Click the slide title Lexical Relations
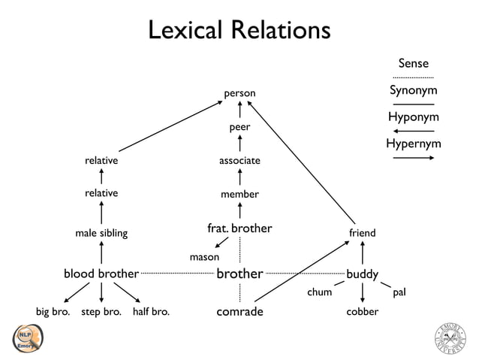point(239,31)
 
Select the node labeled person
point(239,93)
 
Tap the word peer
point(239,127)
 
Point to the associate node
point(239,161)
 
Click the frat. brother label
point(239,228)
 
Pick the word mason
point(204,257)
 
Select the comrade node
point(239,311)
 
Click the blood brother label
point(101,274)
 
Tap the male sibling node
point(101,233)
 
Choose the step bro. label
point(101,311)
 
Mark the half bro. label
point(151,311)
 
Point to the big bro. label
point(53,311)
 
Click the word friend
point(362,233)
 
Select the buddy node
point(362,274)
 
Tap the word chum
point(319,292)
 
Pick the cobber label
point(362,311)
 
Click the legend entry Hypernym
point(413,144)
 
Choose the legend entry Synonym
point(413,91)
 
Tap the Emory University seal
point(450,337)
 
